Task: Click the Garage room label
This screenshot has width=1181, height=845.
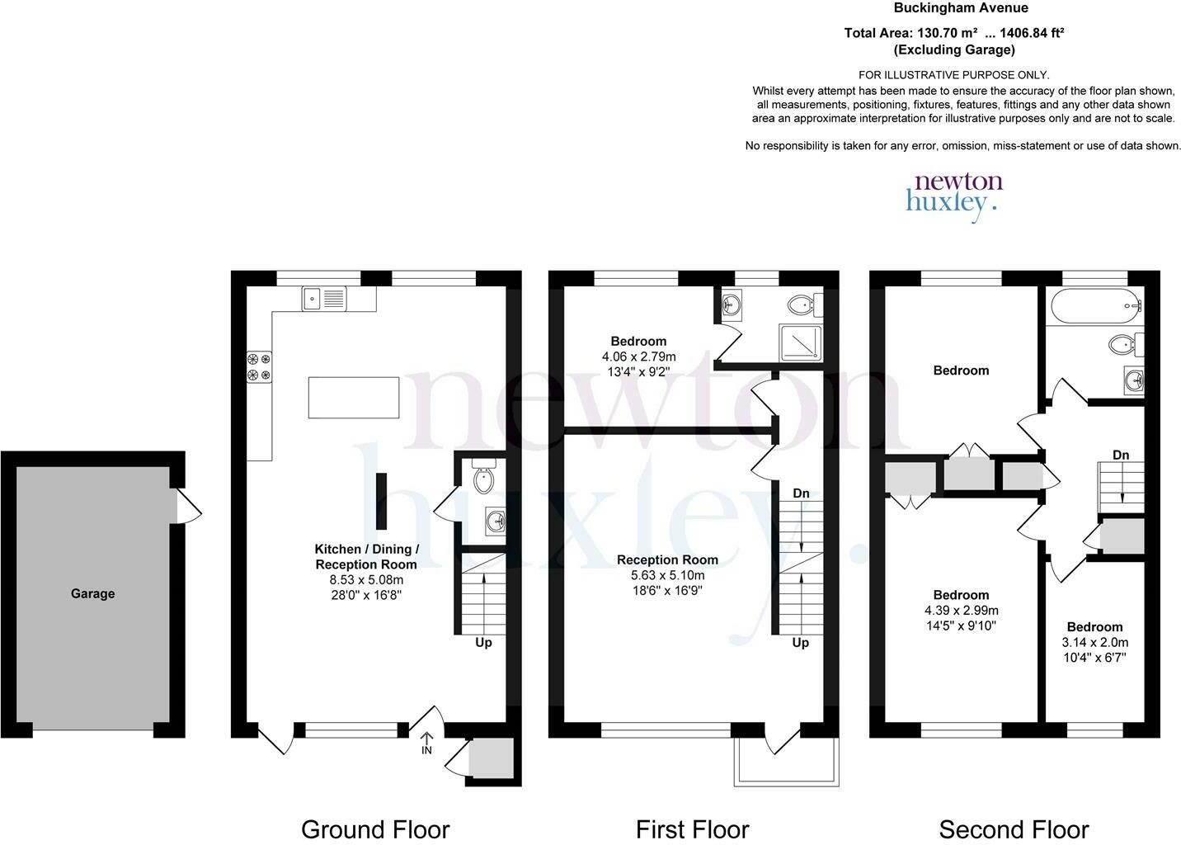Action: tap(93, 593)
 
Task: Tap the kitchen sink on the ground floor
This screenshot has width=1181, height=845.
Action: tap(324, 299)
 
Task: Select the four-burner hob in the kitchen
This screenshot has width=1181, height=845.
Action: tap(259, 366)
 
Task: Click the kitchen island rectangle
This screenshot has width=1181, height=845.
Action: tap(354, 398)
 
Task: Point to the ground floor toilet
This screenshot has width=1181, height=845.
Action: tap(483, 476)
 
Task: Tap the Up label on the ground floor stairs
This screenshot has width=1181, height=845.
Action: tap(483, 643)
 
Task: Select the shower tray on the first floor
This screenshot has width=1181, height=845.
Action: tap(800, 342)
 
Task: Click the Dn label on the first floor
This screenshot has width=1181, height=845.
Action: tap(801, 493)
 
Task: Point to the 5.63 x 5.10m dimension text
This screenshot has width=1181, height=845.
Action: tap(667, 575)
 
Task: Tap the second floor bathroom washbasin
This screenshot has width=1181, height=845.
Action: tap(1133, 380)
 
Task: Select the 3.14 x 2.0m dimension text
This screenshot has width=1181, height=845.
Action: tap(1095, 642)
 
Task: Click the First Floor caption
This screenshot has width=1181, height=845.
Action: tap(692, 829)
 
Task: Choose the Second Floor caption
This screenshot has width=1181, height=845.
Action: tap(1014, 829)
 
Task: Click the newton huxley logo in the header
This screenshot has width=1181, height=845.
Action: tap(954, 196)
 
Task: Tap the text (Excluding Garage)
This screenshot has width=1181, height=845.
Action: tap(954, 50)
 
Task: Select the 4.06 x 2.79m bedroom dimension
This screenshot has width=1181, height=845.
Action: tap(638, 356)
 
